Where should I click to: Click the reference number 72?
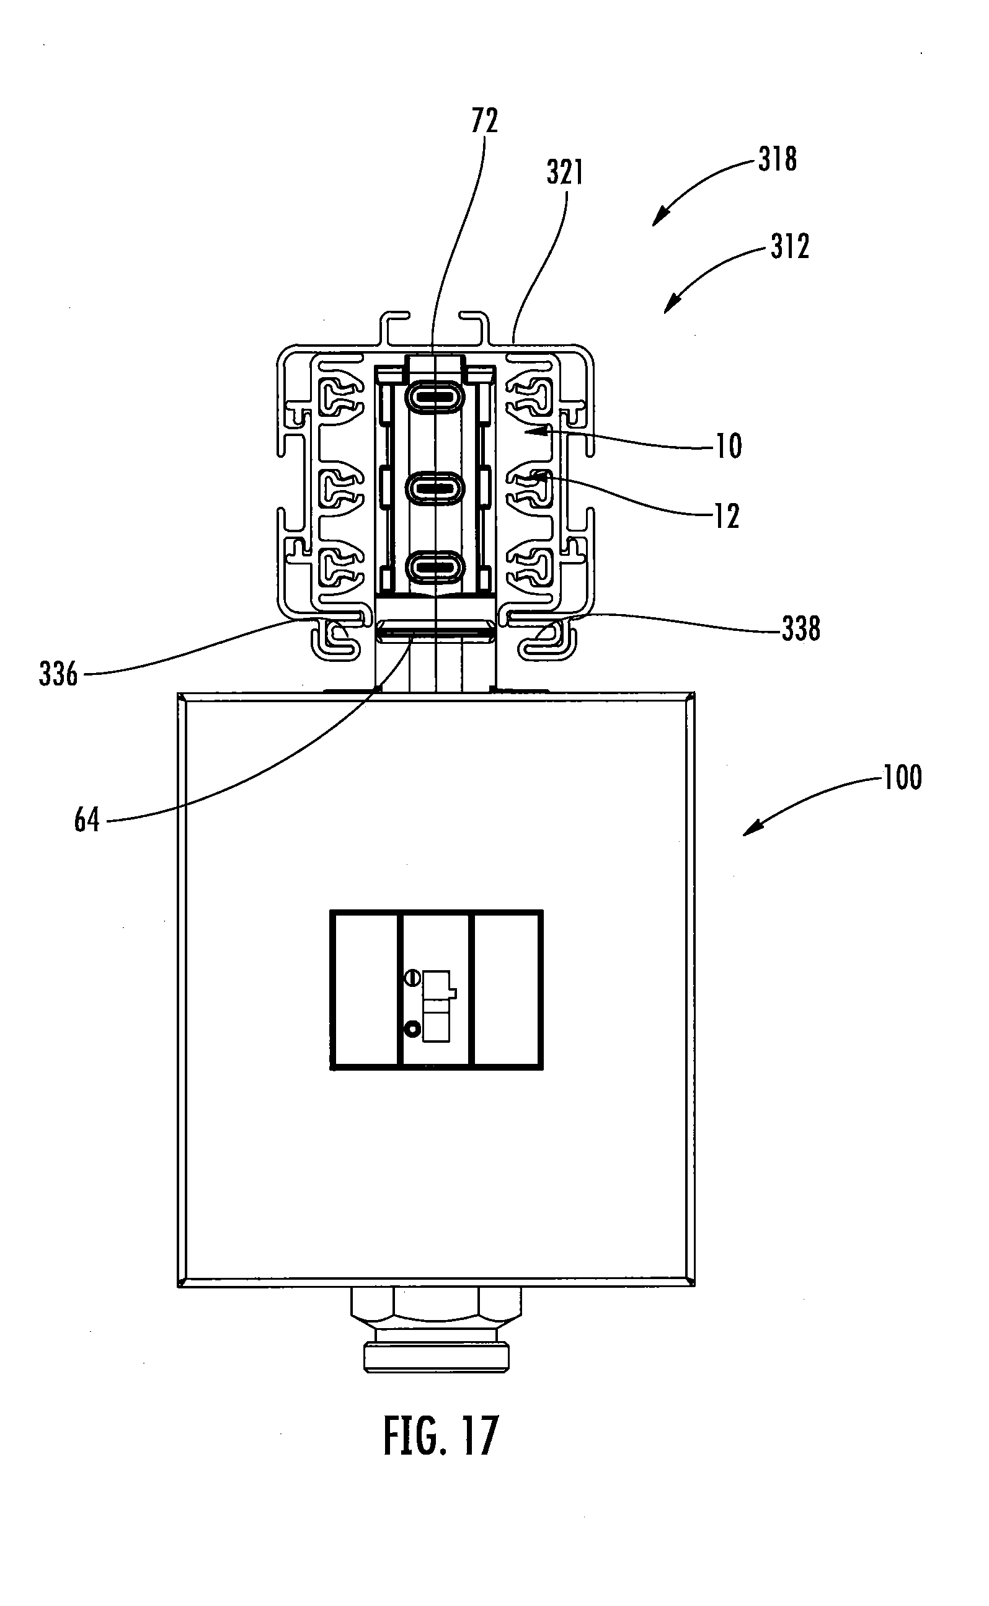point(485,121)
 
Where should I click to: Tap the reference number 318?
point(778,159)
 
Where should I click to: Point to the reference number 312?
point(790,247)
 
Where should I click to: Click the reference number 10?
point(729,446)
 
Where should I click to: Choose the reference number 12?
point(727,516)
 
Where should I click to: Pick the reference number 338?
point(801,628)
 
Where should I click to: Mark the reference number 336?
point(58,674)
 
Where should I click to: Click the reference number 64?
point(87,819)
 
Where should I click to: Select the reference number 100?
point(903,777)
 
